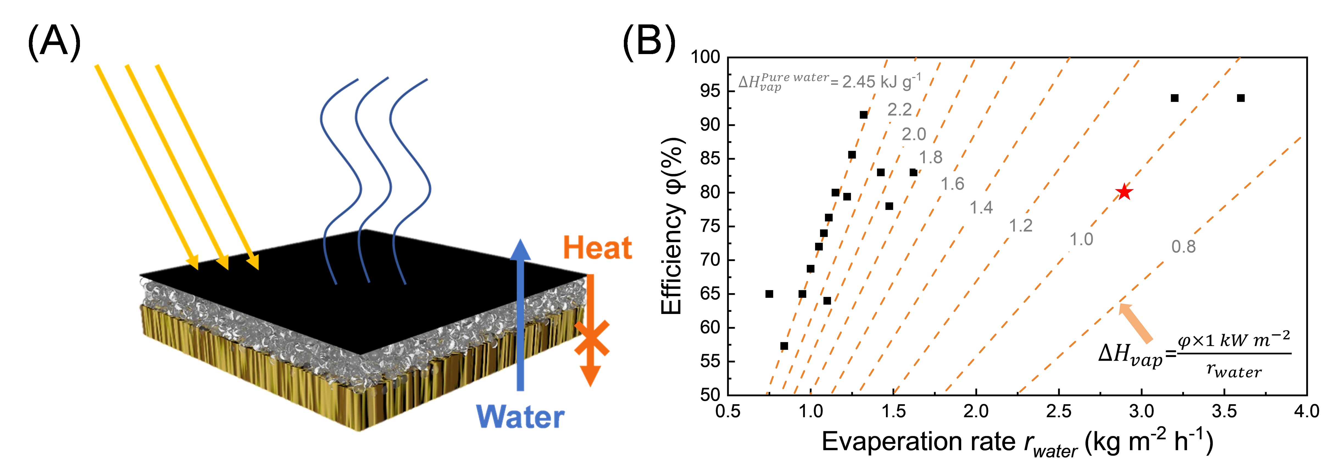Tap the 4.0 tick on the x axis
tap(1306, 412)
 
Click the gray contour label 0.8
tap(1183, 247)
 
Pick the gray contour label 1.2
tap(1020, 225)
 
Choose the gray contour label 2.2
tap(899, 110)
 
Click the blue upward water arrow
tap(520, 314)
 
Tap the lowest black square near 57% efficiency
tap(784, 346)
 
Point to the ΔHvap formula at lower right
tap(1194, 355)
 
